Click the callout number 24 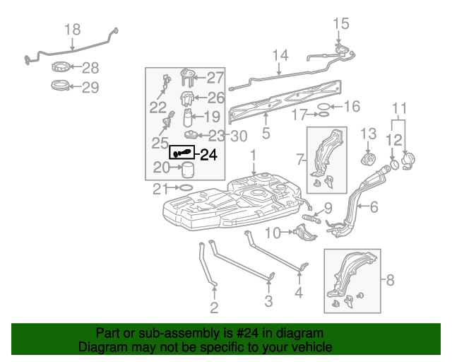pos(208,155)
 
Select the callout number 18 pos(73,30)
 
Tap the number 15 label pos(340,23)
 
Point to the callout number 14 pos(280,55)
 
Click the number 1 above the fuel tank pos(253,155)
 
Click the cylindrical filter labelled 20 pos(189,170)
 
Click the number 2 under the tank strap pos(214,308)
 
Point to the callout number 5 pos(266,132)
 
